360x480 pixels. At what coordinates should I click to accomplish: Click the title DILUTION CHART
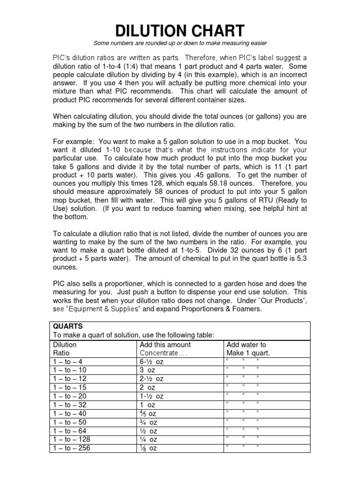click(x=180, y=31)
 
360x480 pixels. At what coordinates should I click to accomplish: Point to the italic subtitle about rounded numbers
click(x=180, y=44)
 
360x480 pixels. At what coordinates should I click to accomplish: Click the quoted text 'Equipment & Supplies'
click(x=103, y=310)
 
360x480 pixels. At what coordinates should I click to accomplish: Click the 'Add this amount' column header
click(x=165, y=345)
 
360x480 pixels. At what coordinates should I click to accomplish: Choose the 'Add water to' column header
click(x=246, y=345)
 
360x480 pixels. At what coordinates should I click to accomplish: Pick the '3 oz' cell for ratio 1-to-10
click(x=149, y=370)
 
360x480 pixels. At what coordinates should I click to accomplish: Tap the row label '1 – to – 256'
click(x=73, y=448)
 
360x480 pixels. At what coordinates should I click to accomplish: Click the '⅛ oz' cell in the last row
click(x=149, y=448)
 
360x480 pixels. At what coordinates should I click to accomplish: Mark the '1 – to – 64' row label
click(x=71, y=431)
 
